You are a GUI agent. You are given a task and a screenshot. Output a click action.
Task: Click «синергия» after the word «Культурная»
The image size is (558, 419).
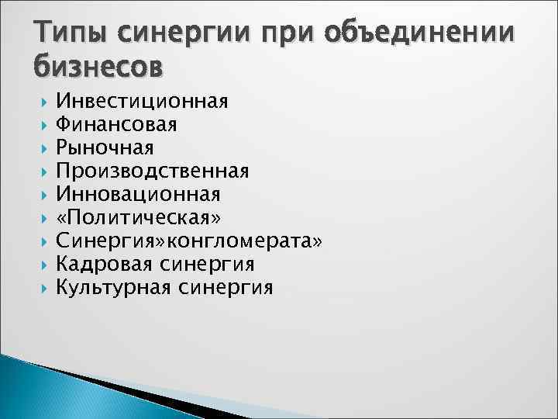click(225, 287)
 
